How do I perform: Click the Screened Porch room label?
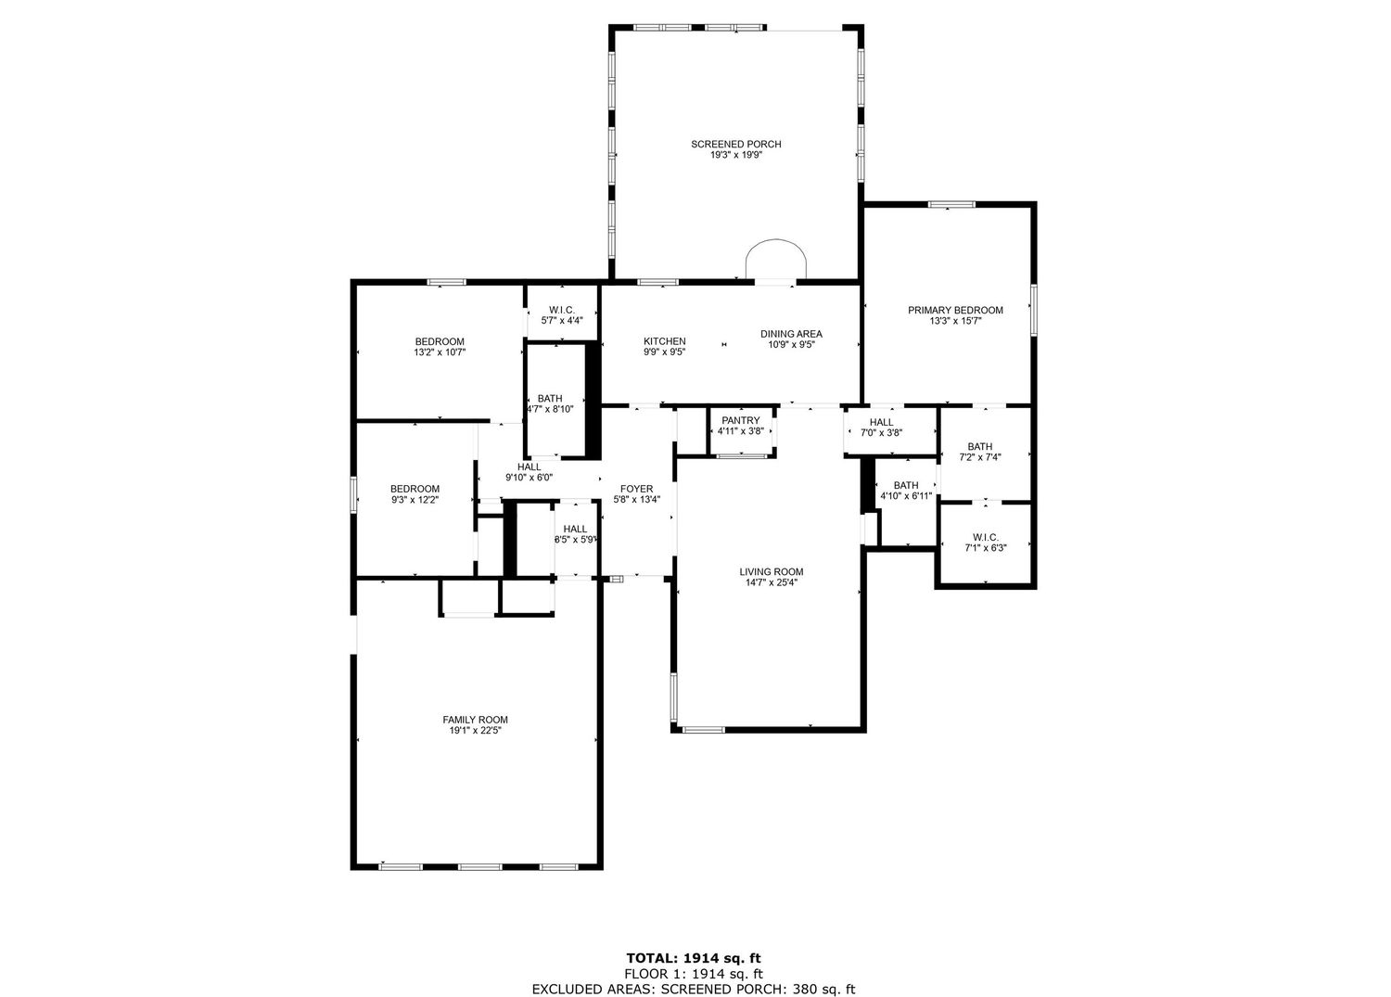pyautogui.click(x=736, y=144)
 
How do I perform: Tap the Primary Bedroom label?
pyautogui.click(x=955, y=310)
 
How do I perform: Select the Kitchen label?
pyautogui.click(x=665, y=341)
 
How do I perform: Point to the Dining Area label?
pyautogui.click(x=791, y=334)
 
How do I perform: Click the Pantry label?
pyautogui.click(x=740, y=420)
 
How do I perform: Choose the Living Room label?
pyautogui.click(x=772, y=571)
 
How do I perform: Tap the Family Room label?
pyautogui.click(x=475, y=720)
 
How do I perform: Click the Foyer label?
pyautogui.click(x=636, y=489)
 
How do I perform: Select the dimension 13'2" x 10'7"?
pyautogui.click(x=440, y=352)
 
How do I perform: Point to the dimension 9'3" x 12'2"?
pyautogui.click(x=415, y=500)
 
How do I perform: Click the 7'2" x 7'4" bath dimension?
pyautogui.click(x=980, y=457)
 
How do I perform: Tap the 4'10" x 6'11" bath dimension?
pyautogui.click(x=906, y=495)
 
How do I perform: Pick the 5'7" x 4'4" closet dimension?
pyautogui.click(x=562, y=321)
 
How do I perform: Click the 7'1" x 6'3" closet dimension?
pyautogui.click(x=986, y=548)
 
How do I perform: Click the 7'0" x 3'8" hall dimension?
pyautogui.click(x=881, y=433)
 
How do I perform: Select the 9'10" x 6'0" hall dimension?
pyautogui.click(x=530, y=478)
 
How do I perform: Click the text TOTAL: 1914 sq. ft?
pyautogui.click(x=694, y=958)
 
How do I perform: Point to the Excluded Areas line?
pyautogui.click(x=694, y=989)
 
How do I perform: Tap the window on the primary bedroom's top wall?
pyautogui.click(x=951, y=204)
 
